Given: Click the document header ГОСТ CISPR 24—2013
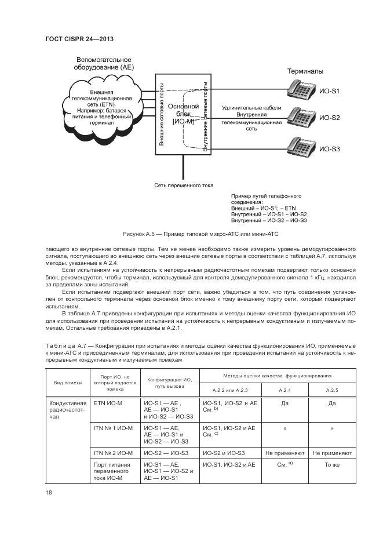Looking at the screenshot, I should click(79, 39).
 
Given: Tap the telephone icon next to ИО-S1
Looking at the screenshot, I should click(301, 89).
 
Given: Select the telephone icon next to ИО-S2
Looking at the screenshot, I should click(301, 118).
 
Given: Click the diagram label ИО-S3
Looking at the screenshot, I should click(330, 150).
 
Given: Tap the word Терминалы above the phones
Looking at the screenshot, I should click(306, 71).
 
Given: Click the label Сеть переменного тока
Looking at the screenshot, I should click(184, 185).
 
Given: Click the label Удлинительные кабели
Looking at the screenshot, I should click(251, 108).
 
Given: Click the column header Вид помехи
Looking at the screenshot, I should click(68, 382).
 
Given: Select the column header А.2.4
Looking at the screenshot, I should click(286, 390).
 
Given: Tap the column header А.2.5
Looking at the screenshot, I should click(332, 390).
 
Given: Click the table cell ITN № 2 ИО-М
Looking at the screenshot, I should click(114, 452).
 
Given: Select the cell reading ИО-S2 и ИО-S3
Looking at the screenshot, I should click(224, 452).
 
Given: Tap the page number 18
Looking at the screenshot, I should click(49, 492).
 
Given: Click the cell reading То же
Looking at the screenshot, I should click(332, 465).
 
